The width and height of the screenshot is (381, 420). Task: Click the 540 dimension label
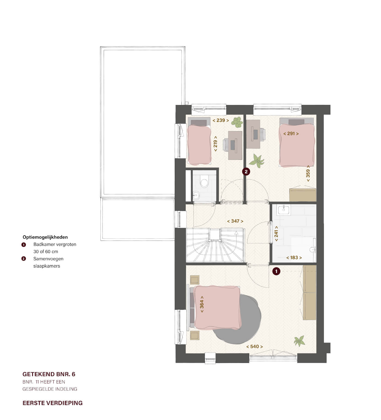tap(254, 347)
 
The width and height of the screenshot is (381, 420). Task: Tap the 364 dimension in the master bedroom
tap(202, 304)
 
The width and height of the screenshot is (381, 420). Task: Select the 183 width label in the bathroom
tap(294, 257)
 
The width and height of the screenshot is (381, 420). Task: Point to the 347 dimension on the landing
tap(235, 221)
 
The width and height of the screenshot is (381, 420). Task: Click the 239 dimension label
tap(221, 120)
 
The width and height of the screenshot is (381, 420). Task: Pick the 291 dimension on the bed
tap(291, 134)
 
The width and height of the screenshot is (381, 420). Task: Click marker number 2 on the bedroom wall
tap(246, 172)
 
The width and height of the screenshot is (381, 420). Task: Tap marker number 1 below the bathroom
tap(276, 271)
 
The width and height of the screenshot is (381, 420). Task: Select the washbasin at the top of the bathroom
tap(284, 209)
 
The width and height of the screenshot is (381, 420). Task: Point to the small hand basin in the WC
tap(196, 195)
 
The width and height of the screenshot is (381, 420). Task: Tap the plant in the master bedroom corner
tap(299, 341)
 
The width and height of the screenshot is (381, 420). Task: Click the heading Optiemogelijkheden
tap(45, 237)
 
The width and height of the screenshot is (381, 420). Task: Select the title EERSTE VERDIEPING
tap(53, 403)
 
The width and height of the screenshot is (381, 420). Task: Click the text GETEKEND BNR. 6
tap(49, 374)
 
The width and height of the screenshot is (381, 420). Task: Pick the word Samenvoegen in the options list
tap(48, 259)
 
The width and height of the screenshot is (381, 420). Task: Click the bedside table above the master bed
tap(195, 280)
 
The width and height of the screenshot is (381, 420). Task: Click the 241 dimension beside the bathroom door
tap(276, 233)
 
